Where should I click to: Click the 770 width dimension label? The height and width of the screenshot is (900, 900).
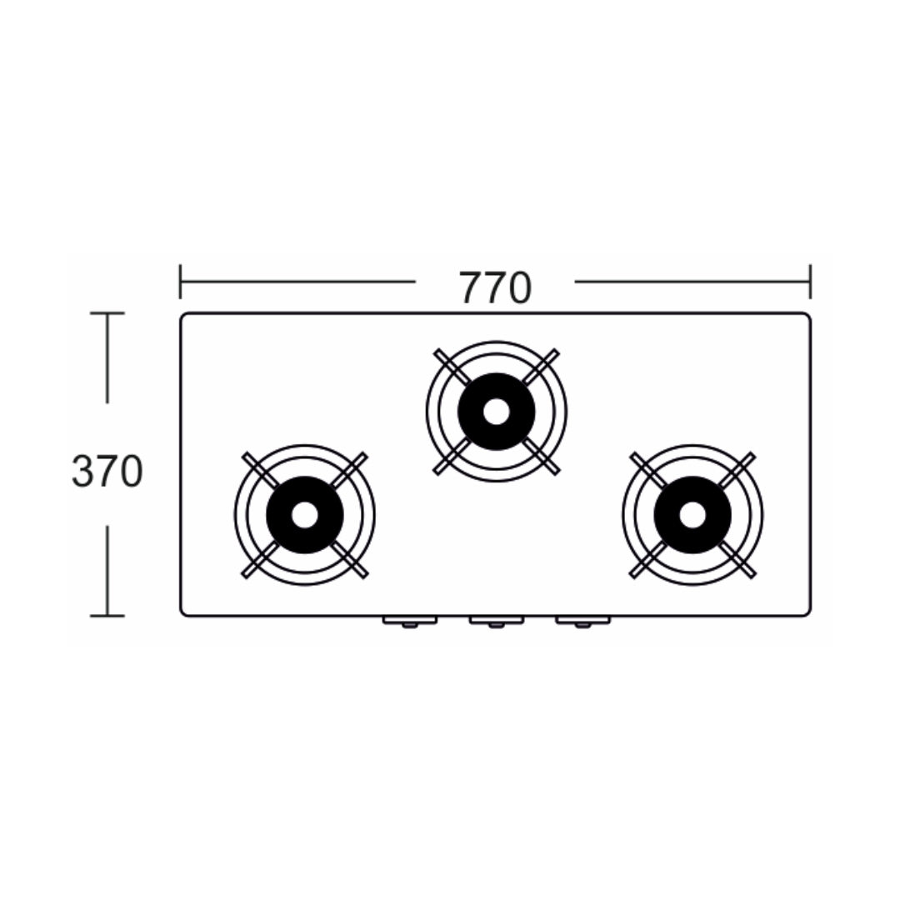tap(495, 288)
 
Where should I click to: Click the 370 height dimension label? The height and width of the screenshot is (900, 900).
tap(107, 471)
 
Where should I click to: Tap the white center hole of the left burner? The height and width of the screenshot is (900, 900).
tap(304, 515)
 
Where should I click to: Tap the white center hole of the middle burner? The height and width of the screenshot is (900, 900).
tap(496, 412)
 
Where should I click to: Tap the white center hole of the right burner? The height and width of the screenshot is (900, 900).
tap(692, 515)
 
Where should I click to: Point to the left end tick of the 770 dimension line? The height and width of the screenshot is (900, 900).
tap(180, 282)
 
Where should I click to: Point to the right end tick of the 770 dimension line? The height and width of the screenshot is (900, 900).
tap(810, 282)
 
